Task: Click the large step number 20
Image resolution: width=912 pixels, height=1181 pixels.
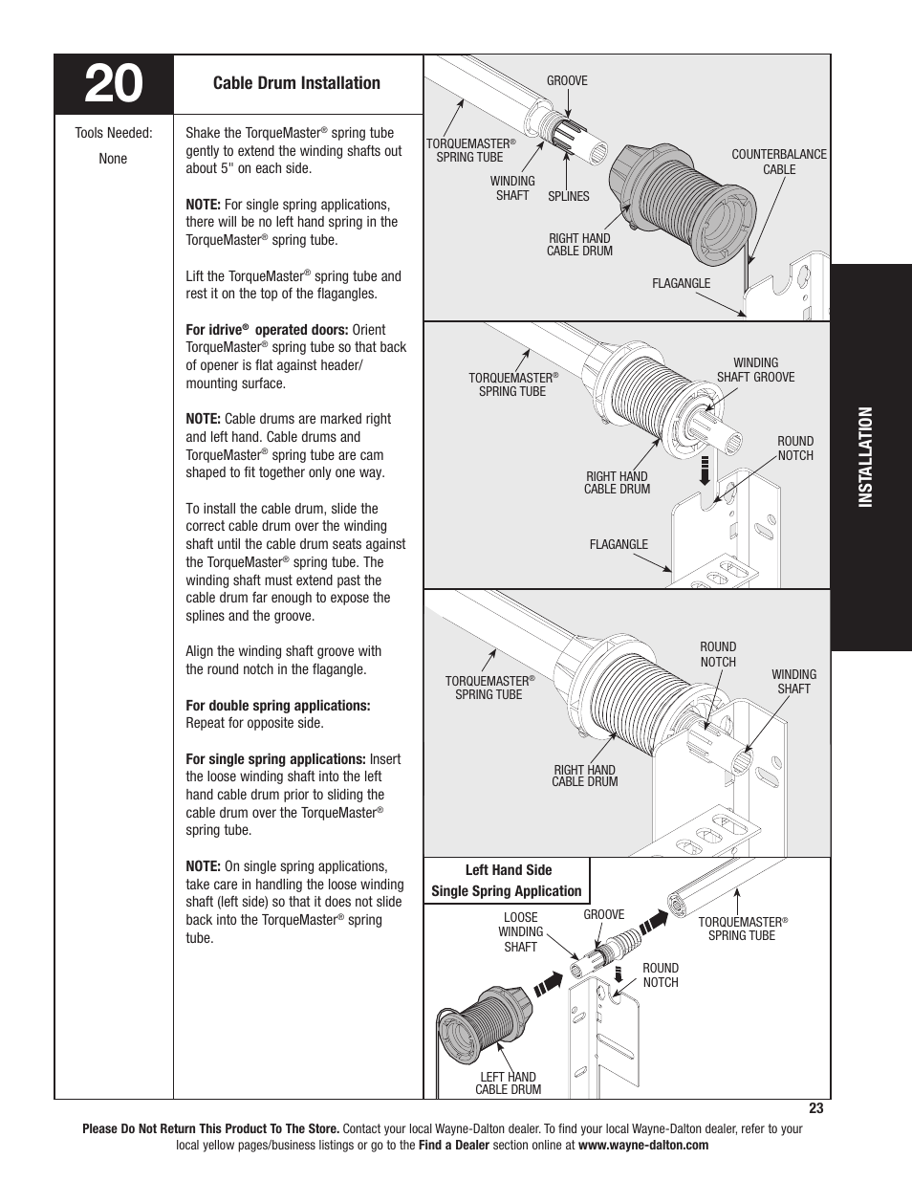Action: point(114,85)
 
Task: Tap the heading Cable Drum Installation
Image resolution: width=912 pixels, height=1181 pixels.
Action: point(296,83)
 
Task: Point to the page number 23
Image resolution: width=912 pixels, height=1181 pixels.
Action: point(815,1108)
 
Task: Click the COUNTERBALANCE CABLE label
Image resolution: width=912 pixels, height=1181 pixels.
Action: point(778,162)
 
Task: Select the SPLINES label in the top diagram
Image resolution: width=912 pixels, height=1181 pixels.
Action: point(568,196)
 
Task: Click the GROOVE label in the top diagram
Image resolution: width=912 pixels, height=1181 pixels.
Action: point(567,80)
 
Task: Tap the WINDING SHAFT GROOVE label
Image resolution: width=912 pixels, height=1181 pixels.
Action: point(755,370)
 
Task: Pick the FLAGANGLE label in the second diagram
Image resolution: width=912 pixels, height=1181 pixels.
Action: point(619,544)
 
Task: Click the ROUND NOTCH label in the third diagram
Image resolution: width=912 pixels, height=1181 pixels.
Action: point(718,654)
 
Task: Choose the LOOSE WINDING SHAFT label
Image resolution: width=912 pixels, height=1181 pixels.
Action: point(520,931)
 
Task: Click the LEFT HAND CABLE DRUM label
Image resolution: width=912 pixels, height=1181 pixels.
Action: point(508,1083)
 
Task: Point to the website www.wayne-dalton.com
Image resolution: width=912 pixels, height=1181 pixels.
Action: point(643,1145)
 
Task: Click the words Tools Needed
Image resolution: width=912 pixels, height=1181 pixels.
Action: point(114,133)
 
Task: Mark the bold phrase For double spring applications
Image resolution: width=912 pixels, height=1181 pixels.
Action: point(278,706)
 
